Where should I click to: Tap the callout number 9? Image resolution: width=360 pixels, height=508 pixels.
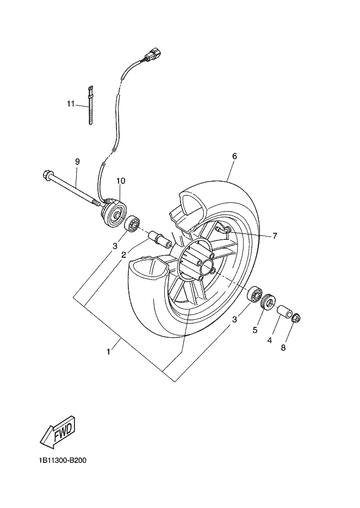(x=77, y=162)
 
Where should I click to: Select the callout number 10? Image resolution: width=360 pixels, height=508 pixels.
(x=120, y=181)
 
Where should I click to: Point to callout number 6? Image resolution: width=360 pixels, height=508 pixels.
(x=234, y=156)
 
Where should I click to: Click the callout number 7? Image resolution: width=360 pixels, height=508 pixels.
(x=275, y=236)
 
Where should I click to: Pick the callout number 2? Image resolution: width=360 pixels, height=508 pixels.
(x=124, y=254)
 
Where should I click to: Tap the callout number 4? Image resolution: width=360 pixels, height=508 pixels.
(x=269, y=340)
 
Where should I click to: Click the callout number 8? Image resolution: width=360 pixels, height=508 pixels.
(x=283, y=348)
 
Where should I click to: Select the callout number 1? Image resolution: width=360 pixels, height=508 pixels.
(x=109, y=351)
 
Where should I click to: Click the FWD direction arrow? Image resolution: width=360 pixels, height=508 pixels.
(x=57, y=432)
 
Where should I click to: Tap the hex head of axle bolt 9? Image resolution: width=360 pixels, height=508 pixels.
(x=46, y=175)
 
